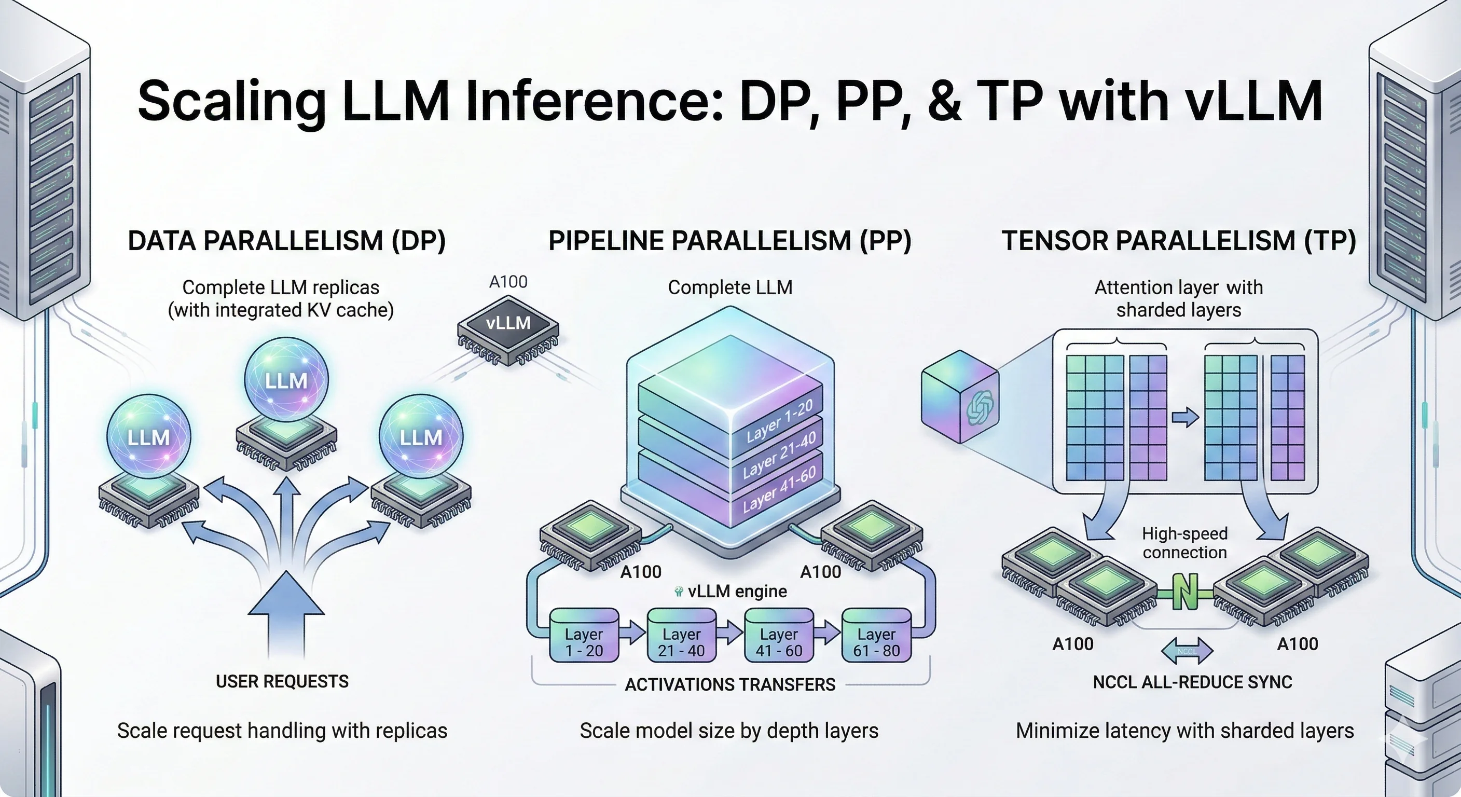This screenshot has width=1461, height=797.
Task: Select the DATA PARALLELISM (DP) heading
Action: click(x=286, y=241)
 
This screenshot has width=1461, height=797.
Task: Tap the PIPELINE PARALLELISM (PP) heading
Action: click(x=729, y=241)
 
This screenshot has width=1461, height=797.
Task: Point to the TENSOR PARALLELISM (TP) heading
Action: click(x=1179, y=241)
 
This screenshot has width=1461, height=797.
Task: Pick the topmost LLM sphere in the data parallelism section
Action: click(x=286, y=379)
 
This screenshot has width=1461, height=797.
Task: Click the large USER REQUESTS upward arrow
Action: click(x=286, y=613)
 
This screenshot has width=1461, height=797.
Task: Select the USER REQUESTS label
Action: click(x=282, y=681)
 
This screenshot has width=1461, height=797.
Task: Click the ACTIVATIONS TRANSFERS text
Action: click(x=730, y=685)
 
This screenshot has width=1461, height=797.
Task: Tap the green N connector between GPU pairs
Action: click(x=1185, y=592)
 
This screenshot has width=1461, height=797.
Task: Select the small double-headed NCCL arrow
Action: click(x=1187, y=651)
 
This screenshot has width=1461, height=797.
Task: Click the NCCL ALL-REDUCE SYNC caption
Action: click(x=1192, y=682)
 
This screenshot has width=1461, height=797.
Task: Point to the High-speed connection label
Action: click(x=1184, y=543)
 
